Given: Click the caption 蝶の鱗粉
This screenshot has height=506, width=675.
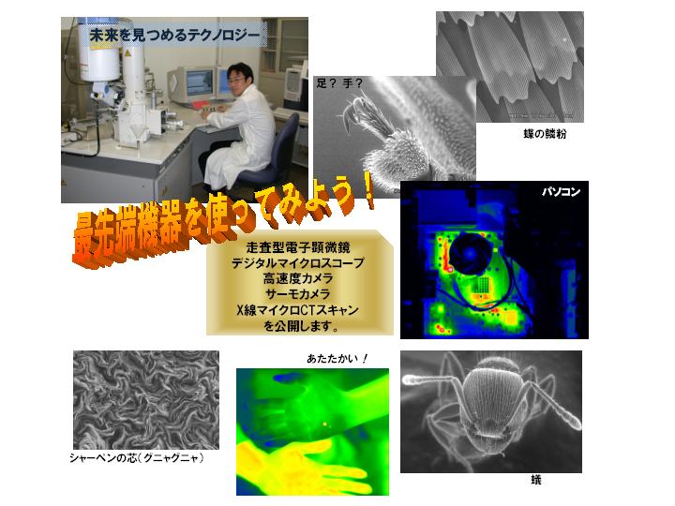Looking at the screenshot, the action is click(x=545, y=134).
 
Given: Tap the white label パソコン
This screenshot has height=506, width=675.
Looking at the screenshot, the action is click(x=561, y=192).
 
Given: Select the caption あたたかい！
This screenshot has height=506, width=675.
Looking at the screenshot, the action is click(x=337, y=358).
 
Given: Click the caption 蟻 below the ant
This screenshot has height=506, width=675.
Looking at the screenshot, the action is click(x=536, y=480).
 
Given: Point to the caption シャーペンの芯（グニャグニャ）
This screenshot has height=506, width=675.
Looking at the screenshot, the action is click(x=137, y=457).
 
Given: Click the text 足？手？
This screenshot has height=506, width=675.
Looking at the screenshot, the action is click(x=339, y=83).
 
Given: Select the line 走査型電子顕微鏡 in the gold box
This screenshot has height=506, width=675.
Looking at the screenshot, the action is click(x=298, y=247).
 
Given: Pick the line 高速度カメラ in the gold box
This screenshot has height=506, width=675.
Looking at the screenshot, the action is click(x=298, y=278).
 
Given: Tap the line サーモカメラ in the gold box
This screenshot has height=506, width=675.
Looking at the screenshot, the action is click(x=298, y=294).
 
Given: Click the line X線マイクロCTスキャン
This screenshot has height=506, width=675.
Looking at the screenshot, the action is click(x=298, y=310).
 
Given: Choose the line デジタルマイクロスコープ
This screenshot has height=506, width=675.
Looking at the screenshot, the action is click(x=298, y=263).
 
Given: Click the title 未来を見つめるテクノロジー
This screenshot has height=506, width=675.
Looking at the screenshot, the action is click(x=174, y=36).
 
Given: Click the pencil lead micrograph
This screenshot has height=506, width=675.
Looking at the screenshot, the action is click(x=146, y=400).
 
